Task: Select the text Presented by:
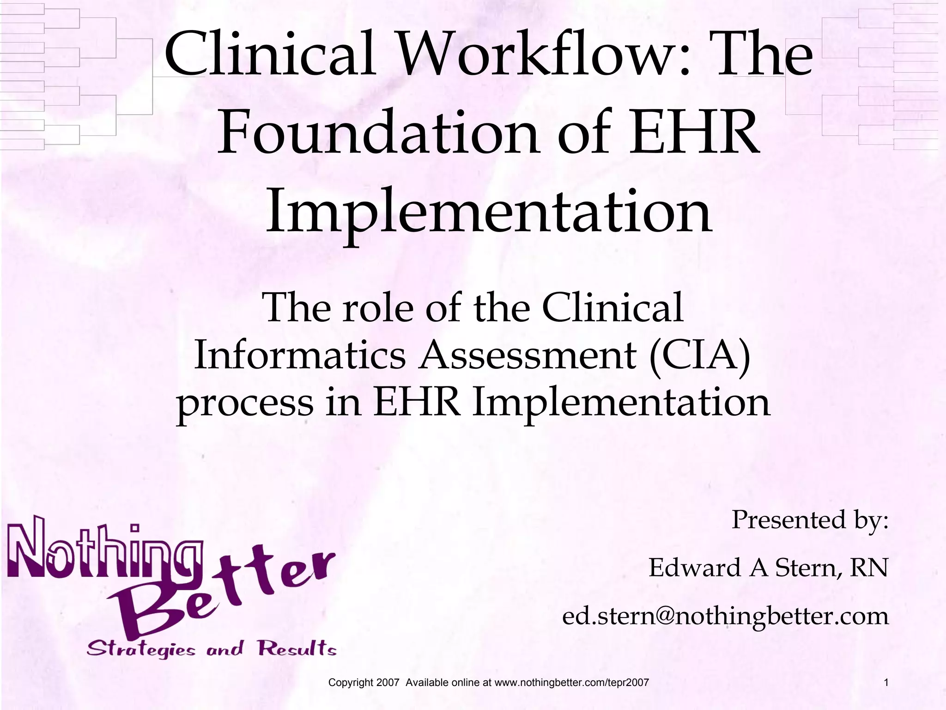(810, 520)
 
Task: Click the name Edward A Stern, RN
(768, 568)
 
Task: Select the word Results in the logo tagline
(297, 649)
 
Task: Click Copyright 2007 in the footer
(363, 682)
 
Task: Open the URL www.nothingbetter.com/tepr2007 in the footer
(571, 682)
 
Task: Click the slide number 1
(886, 682)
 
